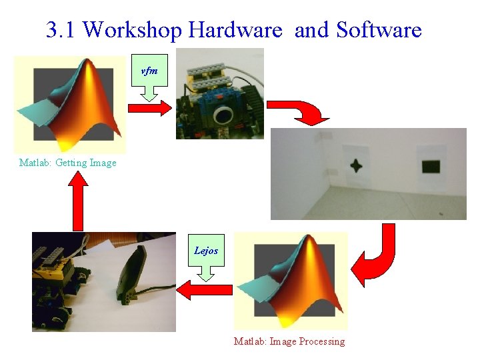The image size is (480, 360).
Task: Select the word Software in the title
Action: (379, 30)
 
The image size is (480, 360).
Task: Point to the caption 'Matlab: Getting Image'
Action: (68, 163)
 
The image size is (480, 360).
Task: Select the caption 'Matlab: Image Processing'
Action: (289, 341)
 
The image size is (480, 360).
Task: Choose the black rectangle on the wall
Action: (431, 166)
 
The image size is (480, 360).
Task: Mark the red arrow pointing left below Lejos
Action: (204, 290)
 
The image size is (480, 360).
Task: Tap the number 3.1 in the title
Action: (61, 30)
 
